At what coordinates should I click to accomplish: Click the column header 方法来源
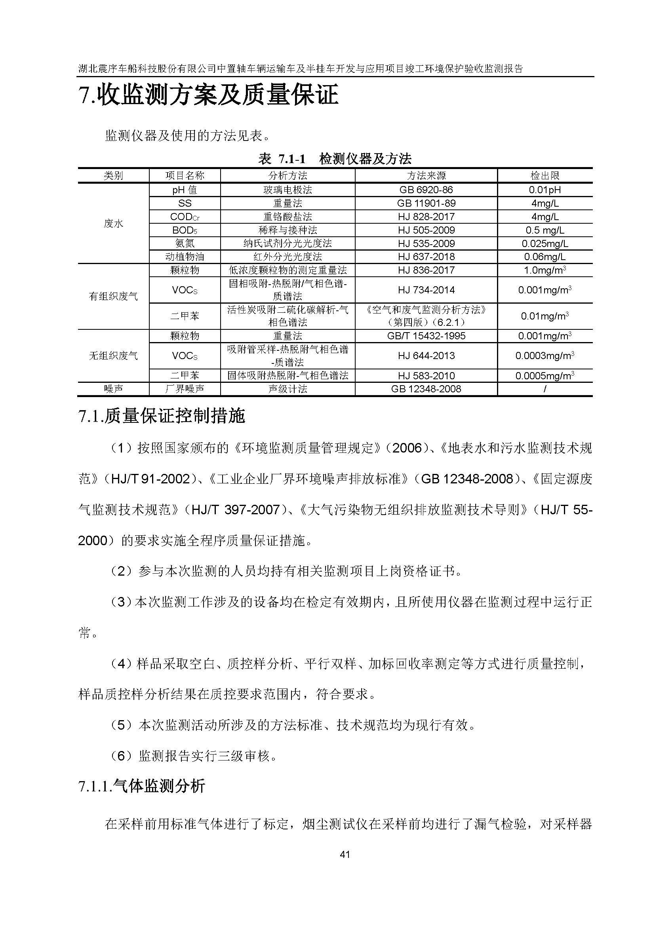click(x=426, y=175)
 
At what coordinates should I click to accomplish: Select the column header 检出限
click(x=545, y=175)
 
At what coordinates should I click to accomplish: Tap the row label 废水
click(x=113, y=223)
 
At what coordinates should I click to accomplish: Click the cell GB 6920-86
click(x=426, y=190)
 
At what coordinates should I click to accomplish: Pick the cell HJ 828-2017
click(x=426, y=217)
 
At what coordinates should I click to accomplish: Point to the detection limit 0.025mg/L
click(x=545, y=243)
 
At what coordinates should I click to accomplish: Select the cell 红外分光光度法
click(x=288, y=257)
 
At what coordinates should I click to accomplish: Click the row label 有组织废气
click(x=113, y=297)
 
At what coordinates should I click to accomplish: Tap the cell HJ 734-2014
click(x=426, y=290)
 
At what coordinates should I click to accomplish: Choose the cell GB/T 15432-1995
click(x=426, y=336)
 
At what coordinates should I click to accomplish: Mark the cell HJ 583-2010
click(x=426, y=376)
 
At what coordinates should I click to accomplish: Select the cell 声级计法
click(x=288, y=389)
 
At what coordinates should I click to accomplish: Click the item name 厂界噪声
click(x=185, y=389)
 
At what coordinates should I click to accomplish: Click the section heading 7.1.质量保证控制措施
click(x=162, y=416)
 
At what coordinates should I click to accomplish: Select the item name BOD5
click(x=185, y=230)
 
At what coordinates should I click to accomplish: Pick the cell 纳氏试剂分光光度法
click(x=288, y=243)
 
